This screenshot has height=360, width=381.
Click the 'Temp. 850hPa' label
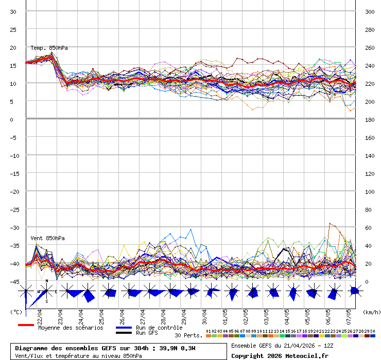point(49,48)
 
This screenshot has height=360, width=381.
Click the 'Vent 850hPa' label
point(44,238)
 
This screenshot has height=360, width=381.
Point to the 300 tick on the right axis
point(369,11)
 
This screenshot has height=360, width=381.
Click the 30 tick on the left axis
point(13,11)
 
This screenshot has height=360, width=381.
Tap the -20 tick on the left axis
point(13,191)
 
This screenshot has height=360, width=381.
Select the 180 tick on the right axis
point(369,119)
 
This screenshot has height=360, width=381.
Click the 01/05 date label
point(225,314)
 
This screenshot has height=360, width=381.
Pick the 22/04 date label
point(40,314)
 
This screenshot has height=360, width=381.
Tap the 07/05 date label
point(349,314)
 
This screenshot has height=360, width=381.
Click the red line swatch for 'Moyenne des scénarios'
point(26,325)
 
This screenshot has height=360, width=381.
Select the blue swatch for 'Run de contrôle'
point(124,328)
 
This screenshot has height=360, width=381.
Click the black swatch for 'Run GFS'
point(124,333)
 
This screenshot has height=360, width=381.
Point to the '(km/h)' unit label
point(371,312)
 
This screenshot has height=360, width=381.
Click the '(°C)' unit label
point(16,312)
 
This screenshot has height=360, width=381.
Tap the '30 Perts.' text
point(188,335)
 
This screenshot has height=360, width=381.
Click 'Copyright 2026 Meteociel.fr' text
point(280,355)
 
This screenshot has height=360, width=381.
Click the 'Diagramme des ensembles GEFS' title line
point(105,348)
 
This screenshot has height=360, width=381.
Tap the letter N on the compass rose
point(47,281)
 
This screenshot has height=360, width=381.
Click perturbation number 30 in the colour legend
point(372,331)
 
